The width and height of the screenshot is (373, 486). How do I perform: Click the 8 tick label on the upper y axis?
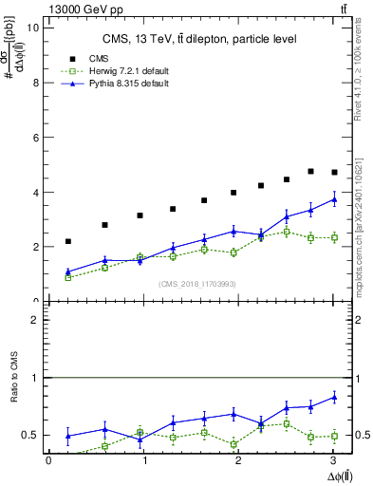click(x=36, y=83)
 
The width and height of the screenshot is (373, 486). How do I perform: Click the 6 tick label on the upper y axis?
click(x=36, y=138)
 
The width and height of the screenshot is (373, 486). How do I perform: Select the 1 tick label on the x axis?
click(x=144, y=460)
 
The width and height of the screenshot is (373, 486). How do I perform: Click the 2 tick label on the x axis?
click(x=239, y=460)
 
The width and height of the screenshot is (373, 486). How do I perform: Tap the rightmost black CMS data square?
click(x=333, y=172)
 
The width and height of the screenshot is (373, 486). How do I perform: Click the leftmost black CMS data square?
click(x=67, y=241)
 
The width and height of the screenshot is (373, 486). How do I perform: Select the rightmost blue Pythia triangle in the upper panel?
click(x=333, y=199)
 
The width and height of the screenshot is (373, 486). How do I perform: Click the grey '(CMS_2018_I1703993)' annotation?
click(x=196, y=283)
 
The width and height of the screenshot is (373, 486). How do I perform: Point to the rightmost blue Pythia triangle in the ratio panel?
click(x=333, y=397)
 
